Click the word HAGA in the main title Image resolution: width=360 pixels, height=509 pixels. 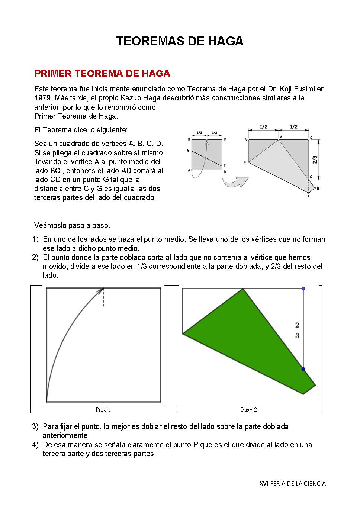(x=226, y=41)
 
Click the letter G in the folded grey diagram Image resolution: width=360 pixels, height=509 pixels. (x=311, y=177)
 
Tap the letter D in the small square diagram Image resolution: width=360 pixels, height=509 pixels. (x=225, y=172)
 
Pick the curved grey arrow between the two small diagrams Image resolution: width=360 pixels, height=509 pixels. (x=235, y=182)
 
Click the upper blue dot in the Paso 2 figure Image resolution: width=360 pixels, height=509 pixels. (x=303, y=289)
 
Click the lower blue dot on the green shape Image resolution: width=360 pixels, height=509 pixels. (x=303, y=369)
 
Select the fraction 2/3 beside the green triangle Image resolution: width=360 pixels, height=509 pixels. (x=297, y=330)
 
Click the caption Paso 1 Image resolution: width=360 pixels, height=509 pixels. (x=103, y=410)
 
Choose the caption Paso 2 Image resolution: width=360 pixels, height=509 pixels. (x=249, y=410)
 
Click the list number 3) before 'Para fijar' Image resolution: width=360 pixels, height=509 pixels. (x=35, y=426)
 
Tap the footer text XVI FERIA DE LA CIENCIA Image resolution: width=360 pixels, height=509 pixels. (x=293, y=483)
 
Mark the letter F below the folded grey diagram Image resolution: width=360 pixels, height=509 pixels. (x=308, y=196)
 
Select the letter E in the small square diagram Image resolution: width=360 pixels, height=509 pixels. (x=189, y=151)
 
